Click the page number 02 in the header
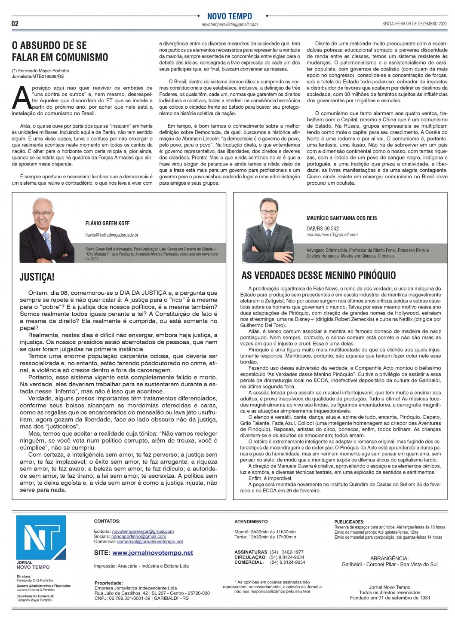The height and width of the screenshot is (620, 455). tap(15, 24)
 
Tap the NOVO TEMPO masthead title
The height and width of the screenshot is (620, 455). tap(229, 16)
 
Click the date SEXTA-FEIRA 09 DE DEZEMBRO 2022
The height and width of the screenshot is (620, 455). tap(415, 24)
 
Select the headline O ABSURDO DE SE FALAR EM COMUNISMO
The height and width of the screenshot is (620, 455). tap(60, 52)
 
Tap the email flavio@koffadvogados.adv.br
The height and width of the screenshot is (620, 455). tap(112, 235)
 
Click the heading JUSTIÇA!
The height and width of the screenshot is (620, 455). tap(37, 278)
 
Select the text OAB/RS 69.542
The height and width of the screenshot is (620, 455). tap(323, 229)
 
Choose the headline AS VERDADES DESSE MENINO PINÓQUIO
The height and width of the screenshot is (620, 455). tap(319, 275)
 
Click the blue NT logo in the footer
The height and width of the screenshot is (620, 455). tap(41, 537)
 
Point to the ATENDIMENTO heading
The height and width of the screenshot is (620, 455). tap(251, 522)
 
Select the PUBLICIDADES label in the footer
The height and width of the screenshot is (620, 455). tap(349, 522)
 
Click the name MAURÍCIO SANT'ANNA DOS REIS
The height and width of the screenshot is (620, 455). tap(341, 218)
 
